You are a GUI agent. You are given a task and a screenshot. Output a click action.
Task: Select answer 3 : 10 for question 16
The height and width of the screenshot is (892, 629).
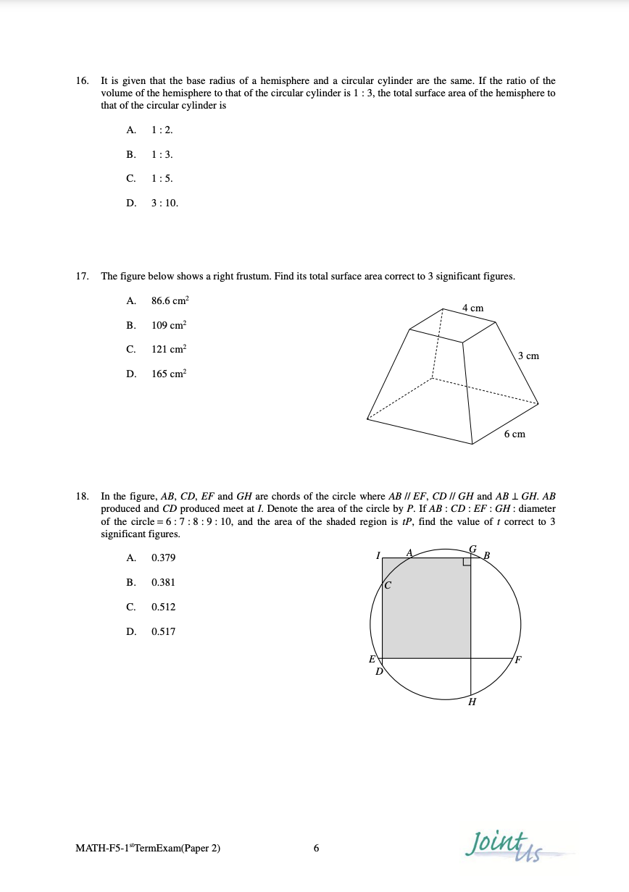pos(164,203)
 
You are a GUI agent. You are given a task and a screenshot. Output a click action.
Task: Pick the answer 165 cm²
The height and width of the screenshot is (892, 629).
pos(168,374)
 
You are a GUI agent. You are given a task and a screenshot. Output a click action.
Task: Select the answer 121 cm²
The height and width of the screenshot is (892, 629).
pos(168,349)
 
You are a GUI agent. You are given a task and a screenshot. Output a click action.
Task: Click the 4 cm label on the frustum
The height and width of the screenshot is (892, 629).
pos(472,308)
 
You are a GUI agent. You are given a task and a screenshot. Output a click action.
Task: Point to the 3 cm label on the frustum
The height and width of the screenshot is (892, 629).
pos(528,356)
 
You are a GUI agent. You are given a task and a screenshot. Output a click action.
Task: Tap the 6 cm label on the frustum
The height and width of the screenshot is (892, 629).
pos(515,434)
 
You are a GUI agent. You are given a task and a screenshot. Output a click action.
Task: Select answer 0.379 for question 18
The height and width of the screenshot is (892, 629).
pos(163,558)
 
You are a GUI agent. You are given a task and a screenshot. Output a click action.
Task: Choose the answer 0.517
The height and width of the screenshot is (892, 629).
pos(163,632)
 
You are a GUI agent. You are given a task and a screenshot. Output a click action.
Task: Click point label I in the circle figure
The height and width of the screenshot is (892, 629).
pos(378,555)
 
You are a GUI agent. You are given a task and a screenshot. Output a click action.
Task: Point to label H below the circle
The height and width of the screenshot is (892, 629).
pos(472,702)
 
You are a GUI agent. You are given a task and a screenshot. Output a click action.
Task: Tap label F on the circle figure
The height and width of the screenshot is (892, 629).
pos(517,660)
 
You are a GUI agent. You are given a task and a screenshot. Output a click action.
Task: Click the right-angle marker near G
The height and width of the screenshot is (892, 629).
pos(467,562)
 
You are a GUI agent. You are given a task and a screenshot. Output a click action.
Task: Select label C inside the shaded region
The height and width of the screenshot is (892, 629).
pos(388,585)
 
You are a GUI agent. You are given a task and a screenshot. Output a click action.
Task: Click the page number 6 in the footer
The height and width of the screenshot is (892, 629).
pos(316,849)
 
